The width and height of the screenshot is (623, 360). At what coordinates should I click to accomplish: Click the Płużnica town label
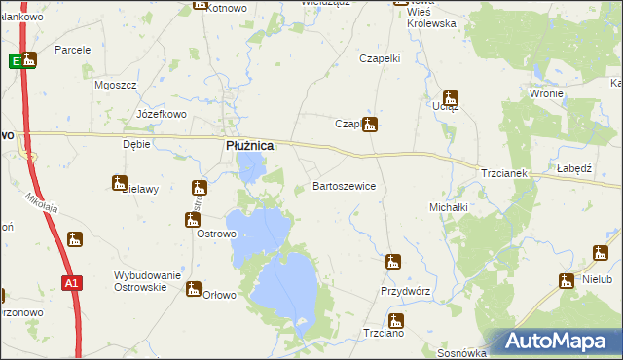coord(249,146)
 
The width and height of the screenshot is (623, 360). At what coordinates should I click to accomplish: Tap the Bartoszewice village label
coord(344,185)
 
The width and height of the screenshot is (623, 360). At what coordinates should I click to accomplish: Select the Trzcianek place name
coord(503,173)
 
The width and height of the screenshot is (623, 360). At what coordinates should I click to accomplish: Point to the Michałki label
coord(449,207)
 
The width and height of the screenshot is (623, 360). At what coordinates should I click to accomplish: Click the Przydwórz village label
coord(406,291)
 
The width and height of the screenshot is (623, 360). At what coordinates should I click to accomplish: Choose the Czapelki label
coord(381,58)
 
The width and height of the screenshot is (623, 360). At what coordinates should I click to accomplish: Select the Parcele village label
coord(73,50)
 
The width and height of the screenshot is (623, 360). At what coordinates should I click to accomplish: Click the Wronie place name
coord(547,93)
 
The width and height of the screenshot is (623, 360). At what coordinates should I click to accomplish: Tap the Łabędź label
coord(574,168)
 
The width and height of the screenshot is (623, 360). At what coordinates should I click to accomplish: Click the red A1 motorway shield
coord(70,282)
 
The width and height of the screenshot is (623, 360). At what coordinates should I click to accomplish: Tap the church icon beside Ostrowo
coord(192,220)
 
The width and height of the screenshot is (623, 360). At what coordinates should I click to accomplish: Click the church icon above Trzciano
coord(395,320)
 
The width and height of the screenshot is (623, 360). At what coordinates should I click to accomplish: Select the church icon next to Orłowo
coord(194,289)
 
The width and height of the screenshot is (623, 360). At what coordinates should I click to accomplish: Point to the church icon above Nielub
coord(567,280)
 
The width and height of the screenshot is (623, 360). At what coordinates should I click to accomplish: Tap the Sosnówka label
coord(462,353)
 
